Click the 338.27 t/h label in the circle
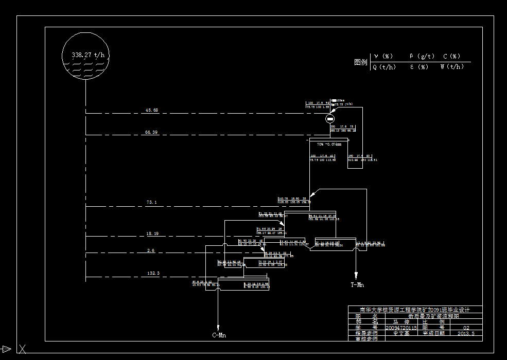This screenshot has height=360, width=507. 91,55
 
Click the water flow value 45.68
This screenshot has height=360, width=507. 152,110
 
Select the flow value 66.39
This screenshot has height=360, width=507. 151,132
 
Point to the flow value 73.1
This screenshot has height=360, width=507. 151,203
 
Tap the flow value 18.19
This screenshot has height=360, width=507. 152,233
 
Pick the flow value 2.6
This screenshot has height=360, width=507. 151,250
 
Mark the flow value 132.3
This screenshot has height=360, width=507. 153,273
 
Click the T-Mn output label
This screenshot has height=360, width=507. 357,284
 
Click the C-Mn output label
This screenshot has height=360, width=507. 219,335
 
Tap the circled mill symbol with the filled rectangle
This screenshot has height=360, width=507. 330,119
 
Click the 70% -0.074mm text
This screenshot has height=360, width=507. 329,145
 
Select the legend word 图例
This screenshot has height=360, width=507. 361,62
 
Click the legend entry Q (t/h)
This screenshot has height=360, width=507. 384,67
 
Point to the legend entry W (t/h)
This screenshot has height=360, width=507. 452,67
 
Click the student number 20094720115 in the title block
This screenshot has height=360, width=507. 401,328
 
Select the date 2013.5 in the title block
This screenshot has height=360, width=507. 466,333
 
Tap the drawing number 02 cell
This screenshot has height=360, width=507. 466,328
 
